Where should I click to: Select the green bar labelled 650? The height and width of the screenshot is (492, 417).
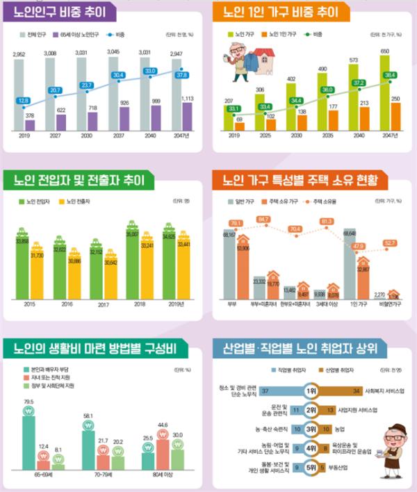[x=384, y=94]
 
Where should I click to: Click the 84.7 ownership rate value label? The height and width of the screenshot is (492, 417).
[x=263, y=220]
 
